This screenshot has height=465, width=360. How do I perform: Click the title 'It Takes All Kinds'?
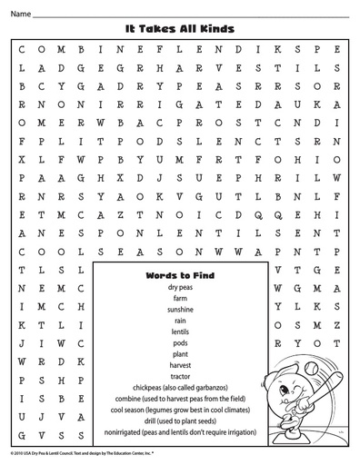point(179,28)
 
